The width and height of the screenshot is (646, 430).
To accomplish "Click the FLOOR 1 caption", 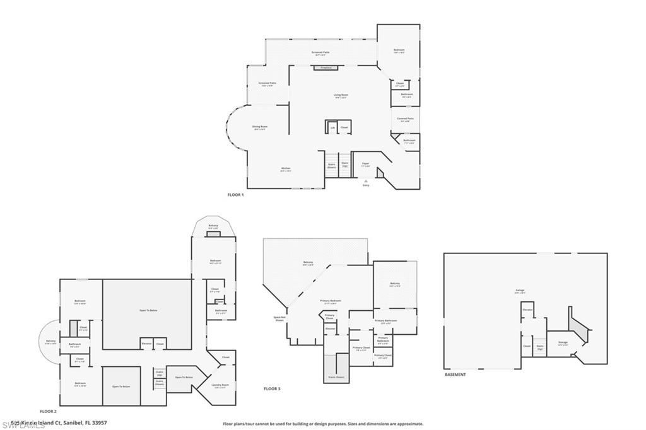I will coord(235,195).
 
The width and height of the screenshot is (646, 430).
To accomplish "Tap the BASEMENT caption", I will coord(455,375).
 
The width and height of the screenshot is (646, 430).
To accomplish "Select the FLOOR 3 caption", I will coord(271,389).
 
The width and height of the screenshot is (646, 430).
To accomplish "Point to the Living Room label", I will coord(341,96).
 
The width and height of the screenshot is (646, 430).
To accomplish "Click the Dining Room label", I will coord(260,128).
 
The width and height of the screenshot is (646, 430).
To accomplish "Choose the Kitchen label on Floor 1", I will coord(268,169).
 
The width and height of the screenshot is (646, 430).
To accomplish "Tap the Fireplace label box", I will coord(326,67).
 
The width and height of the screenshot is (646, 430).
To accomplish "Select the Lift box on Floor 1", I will coord(332,127).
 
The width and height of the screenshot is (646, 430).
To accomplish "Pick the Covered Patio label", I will coord(405,119).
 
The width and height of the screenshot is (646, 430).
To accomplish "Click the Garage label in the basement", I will coord(519,291).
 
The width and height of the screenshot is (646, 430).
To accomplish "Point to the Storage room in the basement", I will coord(563,343).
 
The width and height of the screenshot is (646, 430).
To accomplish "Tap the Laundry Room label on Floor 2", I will coord(220,386).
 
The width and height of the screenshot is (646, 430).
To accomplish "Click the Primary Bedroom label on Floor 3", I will coord(331,302).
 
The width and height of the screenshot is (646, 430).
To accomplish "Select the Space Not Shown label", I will coord(279,318).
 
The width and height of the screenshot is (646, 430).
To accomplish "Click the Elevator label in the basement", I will coord(527,310).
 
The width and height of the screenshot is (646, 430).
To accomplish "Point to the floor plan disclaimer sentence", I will coord(322,424).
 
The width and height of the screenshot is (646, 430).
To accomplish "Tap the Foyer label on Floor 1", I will coord(365,164).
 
